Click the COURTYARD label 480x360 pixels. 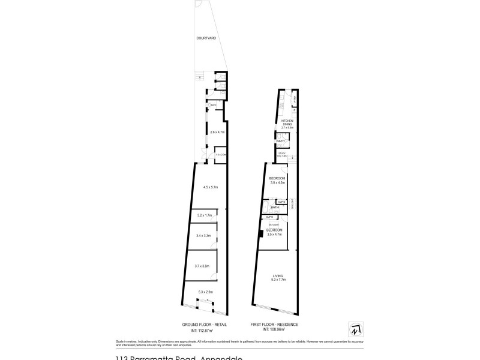(206, 38)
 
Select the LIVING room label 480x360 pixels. (278, 275)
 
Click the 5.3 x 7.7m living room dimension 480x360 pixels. (278, 280)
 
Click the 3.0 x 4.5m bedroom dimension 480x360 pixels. (277, 182)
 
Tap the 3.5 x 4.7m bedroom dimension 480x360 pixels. (274, 234)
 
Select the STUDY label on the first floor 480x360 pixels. (281, 152)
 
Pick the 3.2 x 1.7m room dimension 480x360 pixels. (205, 215)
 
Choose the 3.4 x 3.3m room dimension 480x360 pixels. (204, 236)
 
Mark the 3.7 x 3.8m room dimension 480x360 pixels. (202, 266)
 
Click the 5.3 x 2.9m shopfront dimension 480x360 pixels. (205, 292)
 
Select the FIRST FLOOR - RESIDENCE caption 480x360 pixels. (274, 324)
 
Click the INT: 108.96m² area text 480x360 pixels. (274, 329)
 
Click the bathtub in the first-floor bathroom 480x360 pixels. (280, 136)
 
